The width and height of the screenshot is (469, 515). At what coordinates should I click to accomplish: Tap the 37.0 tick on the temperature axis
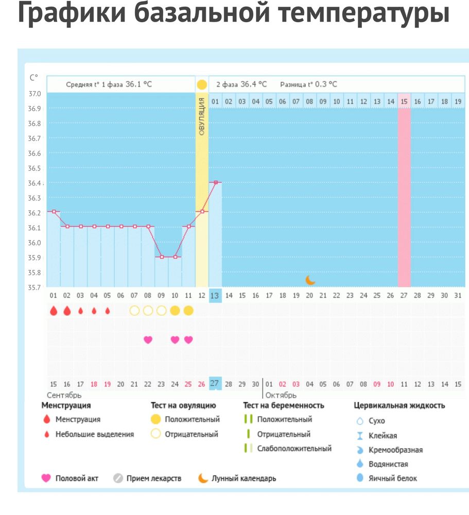35,94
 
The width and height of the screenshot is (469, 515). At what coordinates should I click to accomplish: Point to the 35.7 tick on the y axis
35,287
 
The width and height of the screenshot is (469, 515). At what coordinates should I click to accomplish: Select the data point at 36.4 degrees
215,182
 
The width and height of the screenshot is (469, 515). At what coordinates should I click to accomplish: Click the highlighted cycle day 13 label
215,296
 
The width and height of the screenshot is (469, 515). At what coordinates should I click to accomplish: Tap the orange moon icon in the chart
310,280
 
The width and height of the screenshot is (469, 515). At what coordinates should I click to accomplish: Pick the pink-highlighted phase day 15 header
404,101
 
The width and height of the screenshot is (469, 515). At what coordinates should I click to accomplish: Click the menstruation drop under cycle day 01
54,311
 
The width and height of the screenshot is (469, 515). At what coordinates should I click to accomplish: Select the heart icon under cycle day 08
148,339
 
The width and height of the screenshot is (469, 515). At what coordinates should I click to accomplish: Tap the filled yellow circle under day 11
188,311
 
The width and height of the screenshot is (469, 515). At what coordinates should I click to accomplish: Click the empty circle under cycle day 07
134,311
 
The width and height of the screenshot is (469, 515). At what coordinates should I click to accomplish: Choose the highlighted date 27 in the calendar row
215,384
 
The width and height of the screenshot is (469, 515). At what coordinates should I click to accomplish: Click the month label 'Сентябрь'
64,395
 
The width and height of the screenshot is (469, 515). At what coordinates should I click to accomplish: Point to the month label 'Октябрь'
281,395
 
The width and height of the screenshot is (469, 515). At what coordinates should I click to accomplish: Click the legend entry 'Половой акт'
77,478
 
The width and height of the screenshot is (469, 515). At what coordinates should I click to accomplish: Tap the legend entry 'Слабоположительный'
294,449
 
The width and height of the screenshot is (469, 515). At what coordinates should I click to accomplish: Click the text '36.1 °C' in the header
139,84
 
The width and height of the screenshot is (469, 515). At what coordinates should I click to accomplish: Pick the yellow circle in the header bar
202,84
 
